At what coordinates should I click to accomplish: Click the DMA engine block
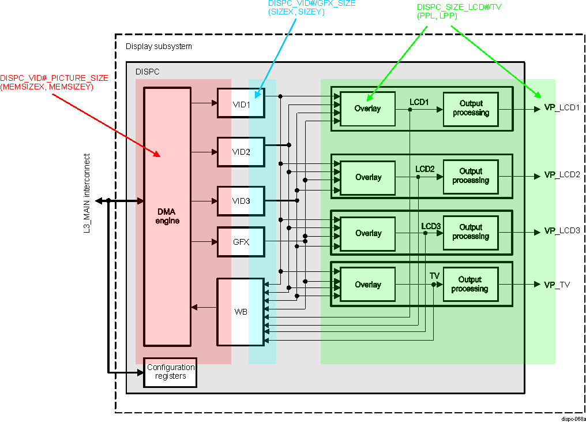tap(167, 216)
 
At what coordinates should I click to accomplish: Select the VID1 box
tap(241, 104)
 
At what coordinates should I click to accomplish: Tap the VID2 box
tap(241, 152)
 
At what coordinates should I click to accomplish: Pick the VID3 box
tap(241, 201)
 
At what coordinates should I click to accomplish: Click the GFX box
tap(241, 242)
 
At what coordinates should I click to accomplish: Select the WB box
tap(241, 312)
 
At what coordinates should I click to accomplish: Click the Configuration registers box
tap(170, 372)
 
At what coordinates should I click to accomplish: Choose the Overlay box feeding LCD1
tap(367, 109)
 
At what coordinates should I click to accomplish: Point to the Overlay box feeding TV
tap(367, 285)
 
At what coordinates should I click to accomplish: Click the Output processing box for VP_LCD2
tap(470, 176)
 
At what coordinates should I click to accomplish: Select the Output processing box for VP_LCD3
tap(470, 232)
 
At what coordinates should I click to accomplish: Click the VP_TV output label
tap(557, 285)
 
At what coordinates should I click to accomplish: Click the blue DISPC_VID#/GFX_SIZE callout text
tap(311, 8)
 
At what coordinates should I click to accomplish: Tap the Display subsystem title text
tap(159, 46)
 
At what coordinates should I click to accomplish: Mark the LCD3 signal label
tap(430, 226)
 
